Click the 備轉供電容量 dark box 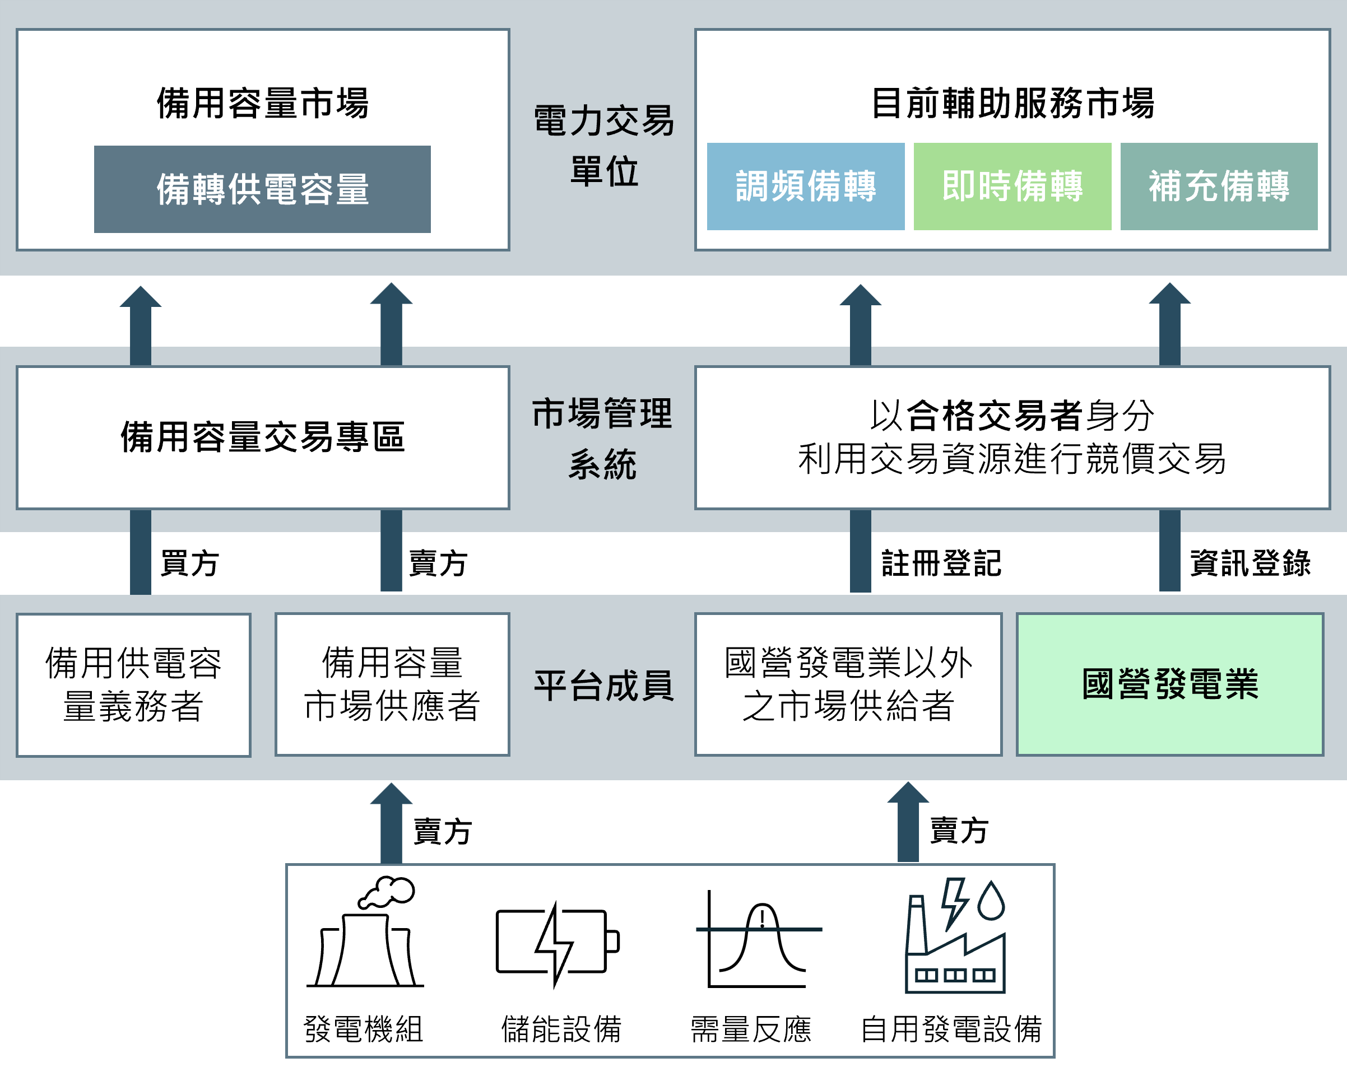262,189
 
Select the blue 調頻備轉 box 805,186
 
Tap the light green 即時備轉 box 1012,186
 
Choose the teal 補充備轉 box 1218,186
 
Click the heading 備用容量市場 262,103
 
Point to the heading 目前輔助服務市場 1012,103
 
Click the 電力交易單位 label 603,146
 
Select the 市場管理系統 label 602,439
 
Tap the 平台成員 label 603,686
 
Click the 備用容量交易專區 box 262,437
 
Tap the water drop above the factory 991,901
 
